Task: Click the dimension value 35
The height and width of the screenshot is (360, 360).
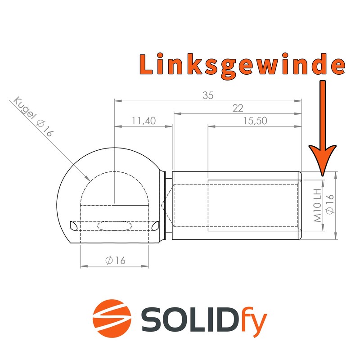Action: coord(207,95)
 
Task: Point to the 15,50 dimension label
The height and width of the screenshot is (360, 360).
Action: coord(254,121)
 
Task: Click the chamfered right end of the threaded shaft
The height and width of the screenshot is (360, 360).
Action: coord(300,205)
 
